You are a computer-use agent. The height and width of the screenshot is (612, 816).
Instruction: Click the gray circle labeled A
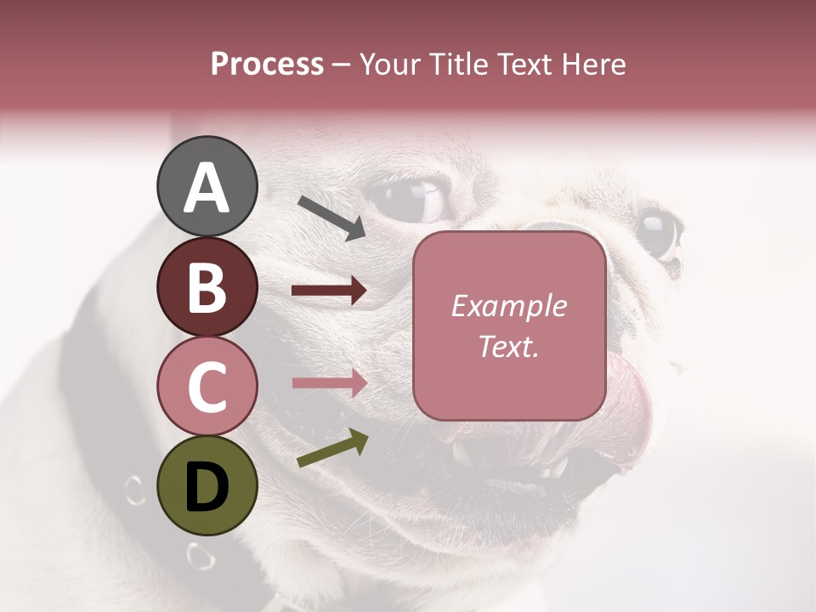207,186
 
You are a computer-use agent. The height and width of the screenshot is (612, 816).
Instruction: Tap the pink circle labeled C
207,386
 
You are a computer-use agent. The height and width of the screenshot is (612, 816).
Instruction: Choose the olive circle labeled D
207,485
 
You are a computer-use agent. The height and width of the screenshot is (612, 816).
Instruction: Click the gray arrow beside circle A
331,216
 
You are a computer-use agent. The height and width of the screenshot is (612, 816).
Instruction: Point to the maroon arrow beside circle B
329,291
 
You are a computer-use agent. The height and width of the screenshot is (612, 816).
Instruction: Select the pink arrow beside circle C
329,382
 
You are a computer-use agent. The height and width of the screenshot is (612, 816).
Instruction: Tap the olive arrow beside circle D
332,449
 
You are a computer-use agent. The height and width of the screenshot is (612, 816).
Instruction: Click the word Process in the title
267,64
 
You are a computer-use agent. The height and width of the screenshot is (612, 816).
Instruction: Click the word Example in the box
508,306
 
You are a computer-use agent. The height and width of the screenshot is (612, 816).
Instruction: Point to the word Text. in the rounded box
508,346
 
